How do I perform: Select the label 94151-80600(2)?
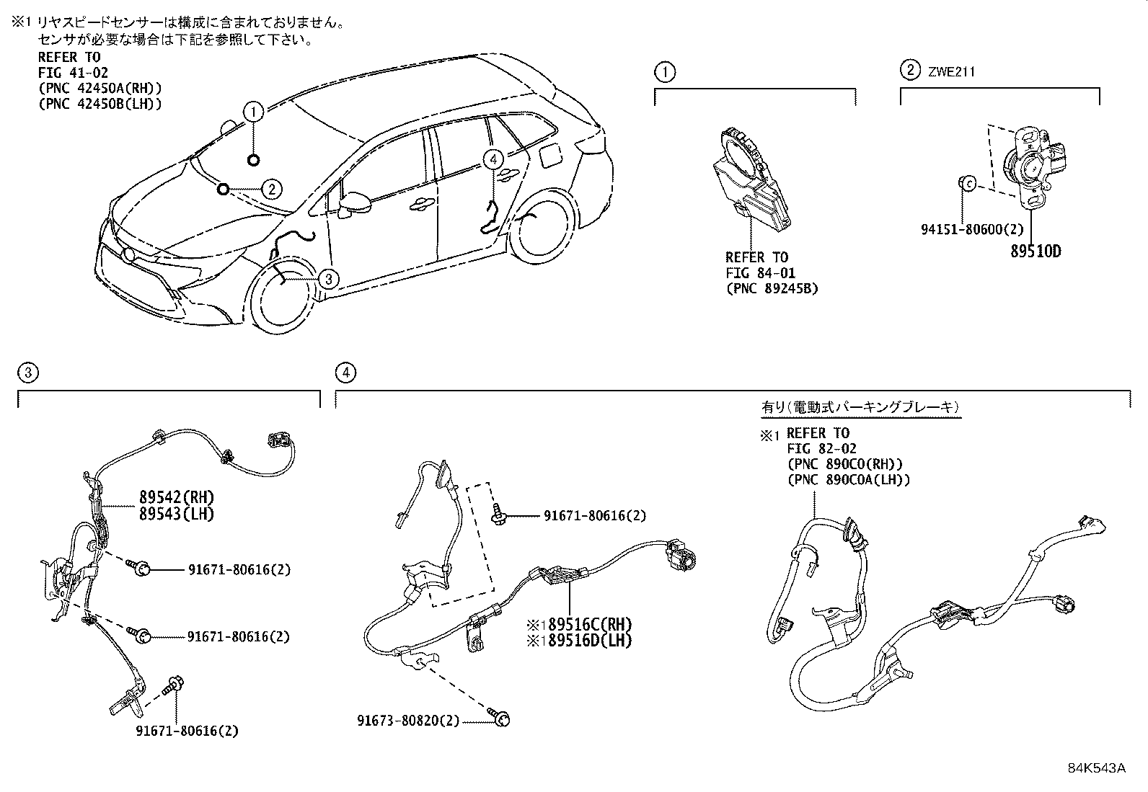[972, 229]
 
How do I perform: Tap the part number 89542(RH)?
[177, 497]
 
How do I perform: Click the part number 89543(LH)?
[177, 514]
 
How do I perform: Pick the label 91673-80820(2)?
[407, 720]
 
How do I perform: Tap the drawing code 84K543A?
[1096, 767]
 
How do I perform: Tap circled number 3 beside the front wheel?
[327, 278]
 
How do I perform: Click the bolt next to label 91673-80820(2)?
[502, 718]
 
